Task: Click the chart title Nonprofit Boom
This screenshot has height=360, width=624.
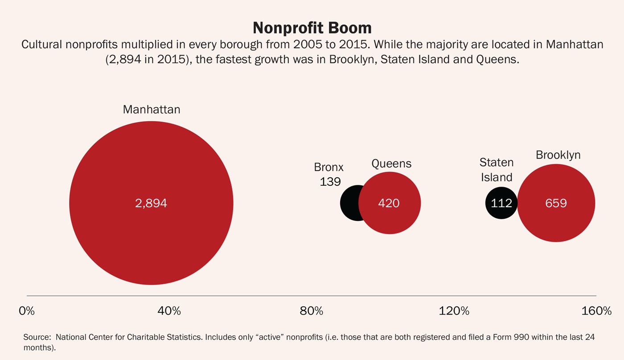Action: (312, 28)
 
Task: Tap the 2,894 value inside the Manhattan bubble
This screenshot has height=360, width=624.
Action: (151, 203)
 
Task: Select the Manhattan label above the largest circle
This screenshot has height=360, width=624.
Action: (152, 110)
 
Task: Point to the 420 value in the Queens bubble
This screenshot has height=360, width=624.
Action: (389, 203)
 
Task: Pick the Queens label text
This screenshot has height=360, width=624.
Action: (391, 164)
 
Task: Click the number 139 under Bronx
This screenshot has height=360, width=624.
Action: (330, 181)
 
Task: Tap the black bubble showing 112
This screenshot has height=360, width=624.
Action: (501, 203)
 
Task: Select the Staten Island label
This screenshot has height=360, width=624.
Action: (497, 170)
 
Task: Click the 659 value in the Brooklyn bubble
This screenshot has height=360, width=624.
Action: (556, 203)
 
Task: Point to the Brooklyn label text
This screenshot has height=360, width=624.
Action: (558, 155)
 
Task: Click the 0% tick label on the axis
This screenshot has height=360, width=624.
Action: (27, 311)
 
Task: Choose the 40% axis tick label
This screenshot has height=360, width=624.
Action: (169, 311)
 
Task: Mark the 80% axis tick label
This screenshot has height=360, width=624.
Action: (312, 311)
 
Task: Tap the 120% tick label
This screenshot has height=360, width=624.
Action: (454, 311)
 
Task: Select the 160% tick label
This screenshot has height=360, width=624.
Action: (596, 311)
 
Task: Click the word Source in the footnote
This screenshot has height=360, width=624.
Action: (36, 337)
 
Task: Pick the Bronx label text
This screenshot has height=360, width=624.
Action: (329, 167)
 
